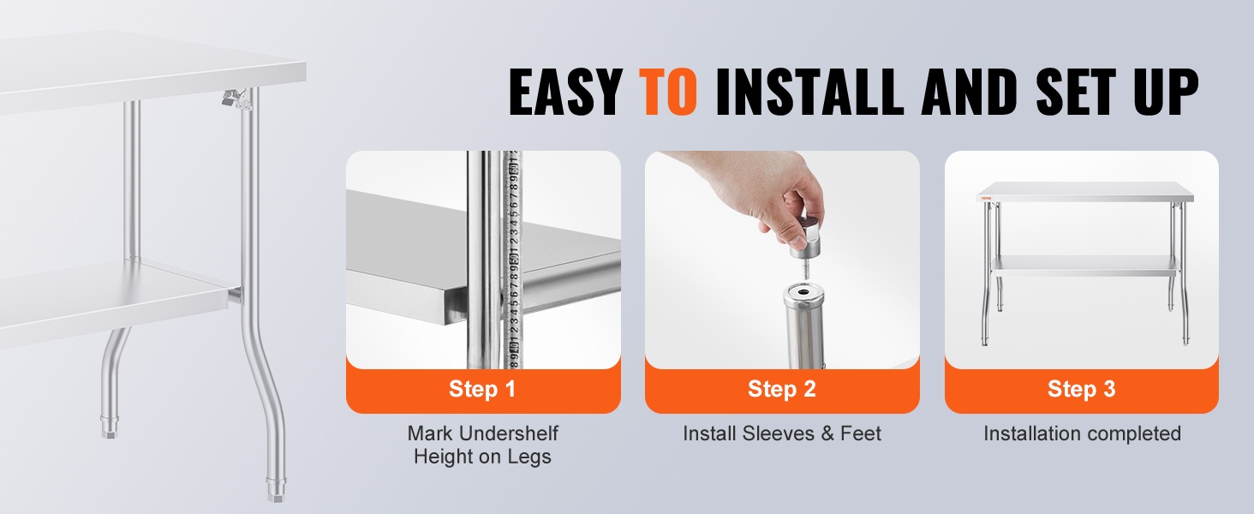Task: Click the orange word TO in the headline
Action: click(x=668, y=92)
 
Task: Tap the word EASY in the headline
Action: click(x=566, y=92)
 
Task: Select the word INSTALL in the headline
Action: click(x=809, y=92)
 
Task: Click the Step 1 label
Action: click(x=482, y=389)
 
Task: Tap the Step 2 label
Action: click(x=781, y=389)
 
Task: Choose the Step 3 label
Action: click(x=1081, y=389)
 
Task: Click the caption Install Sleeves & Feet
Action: click(x=781, y=433)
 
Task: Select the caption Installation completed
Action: click(x=1082, y=433)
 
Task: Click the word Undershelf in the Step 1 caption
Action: click(x=516, y=433)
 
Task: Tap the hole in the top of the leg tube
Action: click(x=804, y=293)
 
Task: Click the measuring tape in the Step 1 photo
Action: click(x=513, y=260)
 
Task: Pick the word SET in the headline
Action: click(x=1076, y=92)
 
